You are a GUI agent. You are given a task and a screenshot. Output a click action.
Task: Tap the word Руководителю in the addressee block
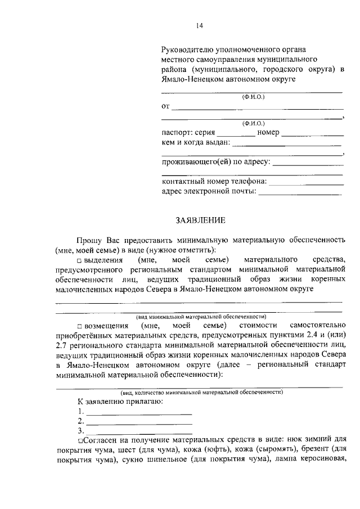click(187, 50)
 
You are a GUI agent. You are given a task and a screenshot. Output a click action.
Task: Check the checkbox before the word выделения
click(80, 260)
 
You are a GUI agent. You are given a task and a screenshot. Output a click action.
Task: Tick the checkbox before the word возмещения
click(80, 326)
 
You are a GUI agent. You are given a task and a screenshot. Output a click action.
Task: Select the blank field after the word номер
click(312, 135)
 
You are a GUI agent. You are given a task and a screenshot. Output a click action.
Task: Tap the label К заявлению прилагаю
click(120, 402)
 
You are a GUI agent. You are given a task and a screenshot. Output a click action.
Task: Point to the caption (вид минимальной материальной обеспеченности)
click(199, 316)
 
